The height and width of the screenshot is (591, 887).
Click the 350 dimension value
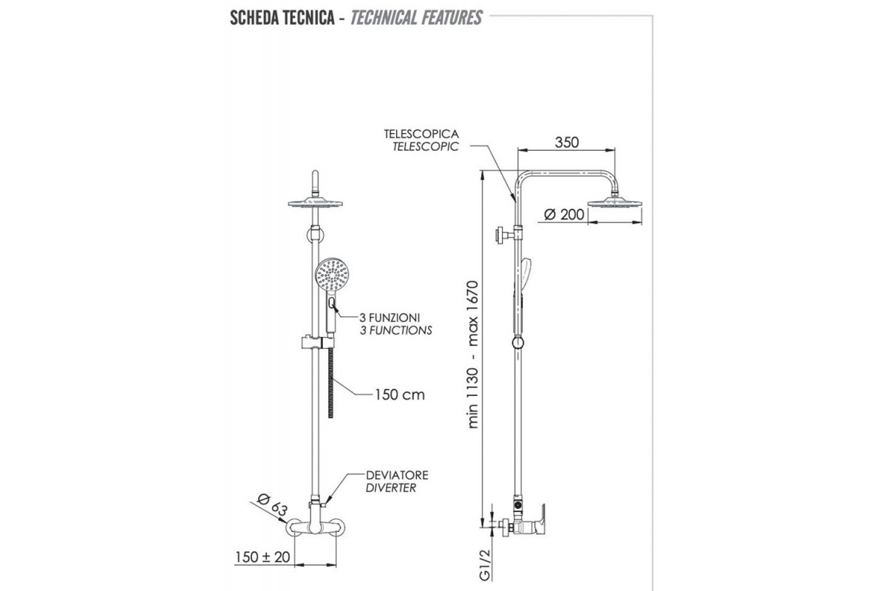[566, 143]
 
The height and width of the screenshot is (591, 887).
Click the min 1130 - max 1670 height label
[474, 355]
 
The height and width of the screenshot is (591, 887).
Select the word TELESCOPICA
[421, 134]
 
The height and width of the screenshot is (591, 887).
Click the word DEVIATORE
[397, 475]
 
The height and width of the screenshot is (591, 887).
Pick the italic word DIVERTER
[390, 488]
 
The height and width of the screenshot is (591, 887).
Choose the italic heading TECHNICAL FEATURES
[416, 17]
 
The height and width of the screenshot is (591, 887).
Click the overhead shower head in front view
[314, 202]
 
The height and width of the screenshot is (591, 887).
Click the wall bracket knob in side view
[503, 236]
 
